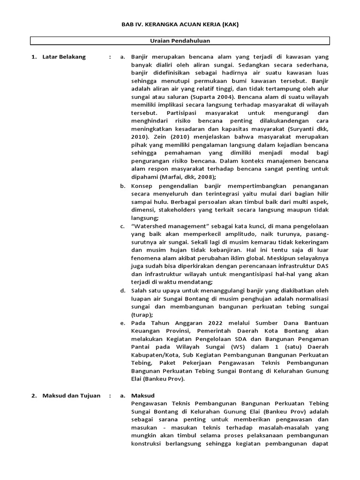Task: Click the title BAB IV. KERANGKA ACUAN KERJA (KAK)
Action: pos(180,24)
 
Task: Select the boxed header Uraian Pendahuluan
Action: pos(180,41)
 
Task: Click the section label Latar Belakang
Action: pos(64,57)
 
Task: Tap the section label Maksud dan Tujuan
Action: pos(71,395)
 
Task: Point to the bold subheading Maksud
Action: pos(143,395)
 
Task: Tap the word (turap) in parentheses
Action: pos(142,315)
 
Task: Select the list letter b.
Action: pos(122,186)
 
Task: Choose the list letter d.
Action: pos(122,291)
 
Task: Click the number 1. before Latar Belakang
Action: pos(34,57)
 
